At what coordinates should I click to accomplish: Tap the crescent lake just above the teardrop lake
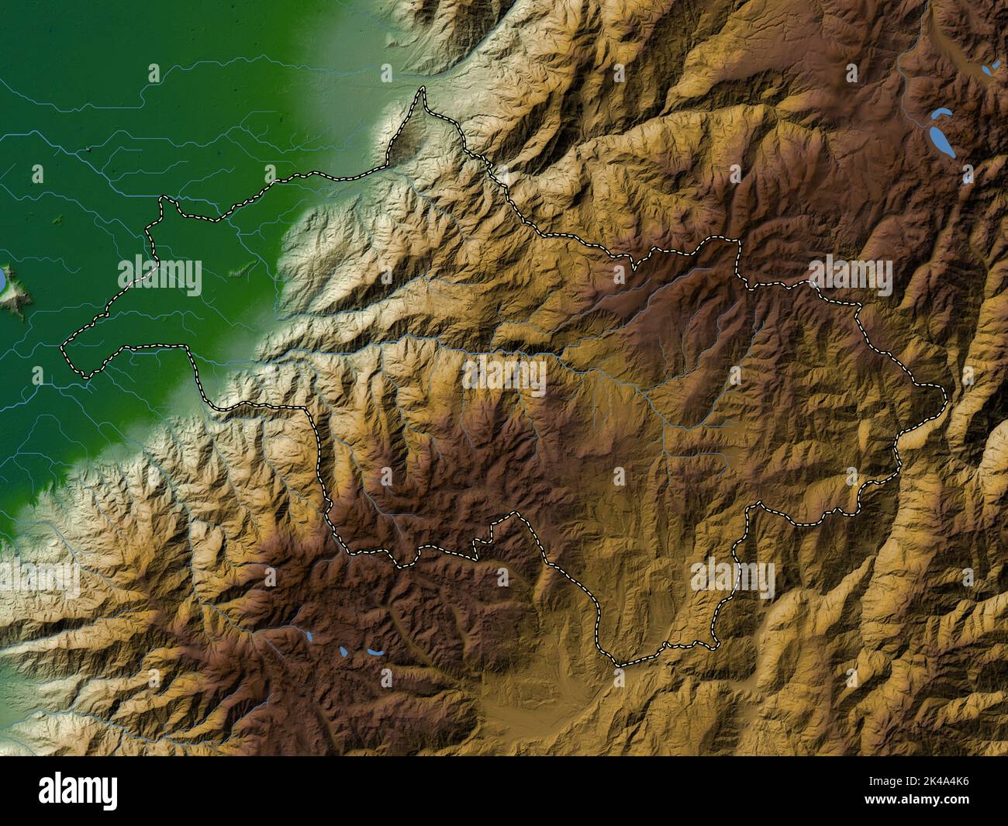click(941, 114)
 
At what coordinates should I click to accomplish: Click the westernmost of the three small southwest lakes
click(309, 638)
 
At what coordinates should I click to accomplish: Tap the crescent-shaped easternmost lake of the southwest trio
click(375, 652)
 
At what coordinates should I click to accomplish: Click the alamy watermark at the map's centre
click(504, 375)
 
